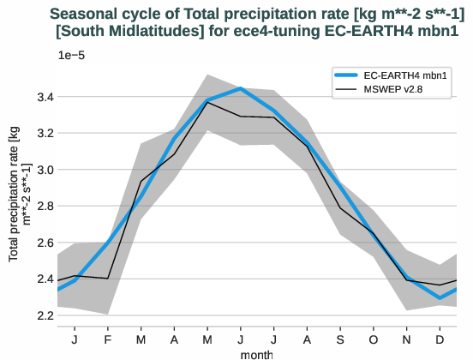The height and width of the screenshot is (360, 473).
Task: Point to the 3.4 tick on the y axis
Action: coord(43,97)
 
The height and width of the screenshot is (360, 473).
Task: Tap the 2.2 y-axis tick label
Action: coord(43,315)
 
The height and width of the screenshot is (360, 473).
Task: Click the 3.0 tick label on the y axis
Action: coord(43,170)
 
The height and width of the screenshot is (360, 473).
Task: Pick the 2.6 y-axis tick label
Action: coord(43,243)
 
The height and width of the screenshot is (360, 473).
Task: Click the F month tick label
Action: coord(108,338)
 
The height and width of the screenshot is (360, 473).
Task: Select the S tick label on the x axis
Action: coord(340,338)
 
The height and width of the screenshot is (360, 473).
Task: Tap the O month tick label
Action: coord(374,338)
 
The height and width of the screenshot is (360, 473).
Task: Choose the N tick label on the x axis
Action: coord(406,338)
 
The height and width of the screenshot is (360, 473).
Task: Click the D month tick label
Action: coord(440,338)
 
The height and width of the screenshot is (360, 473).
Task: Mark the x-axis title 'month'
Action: coord(257,353)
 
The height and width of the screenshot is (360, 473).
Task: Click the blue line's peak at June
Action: coord(241,88)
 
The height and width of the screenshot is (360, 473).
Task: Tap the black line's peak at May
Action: coord(207,103)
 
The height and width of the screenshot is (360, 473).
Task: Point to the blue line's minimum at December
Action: coord(440,298)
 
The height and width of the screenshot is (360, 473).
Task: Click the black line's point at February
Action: coord(108,279)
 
